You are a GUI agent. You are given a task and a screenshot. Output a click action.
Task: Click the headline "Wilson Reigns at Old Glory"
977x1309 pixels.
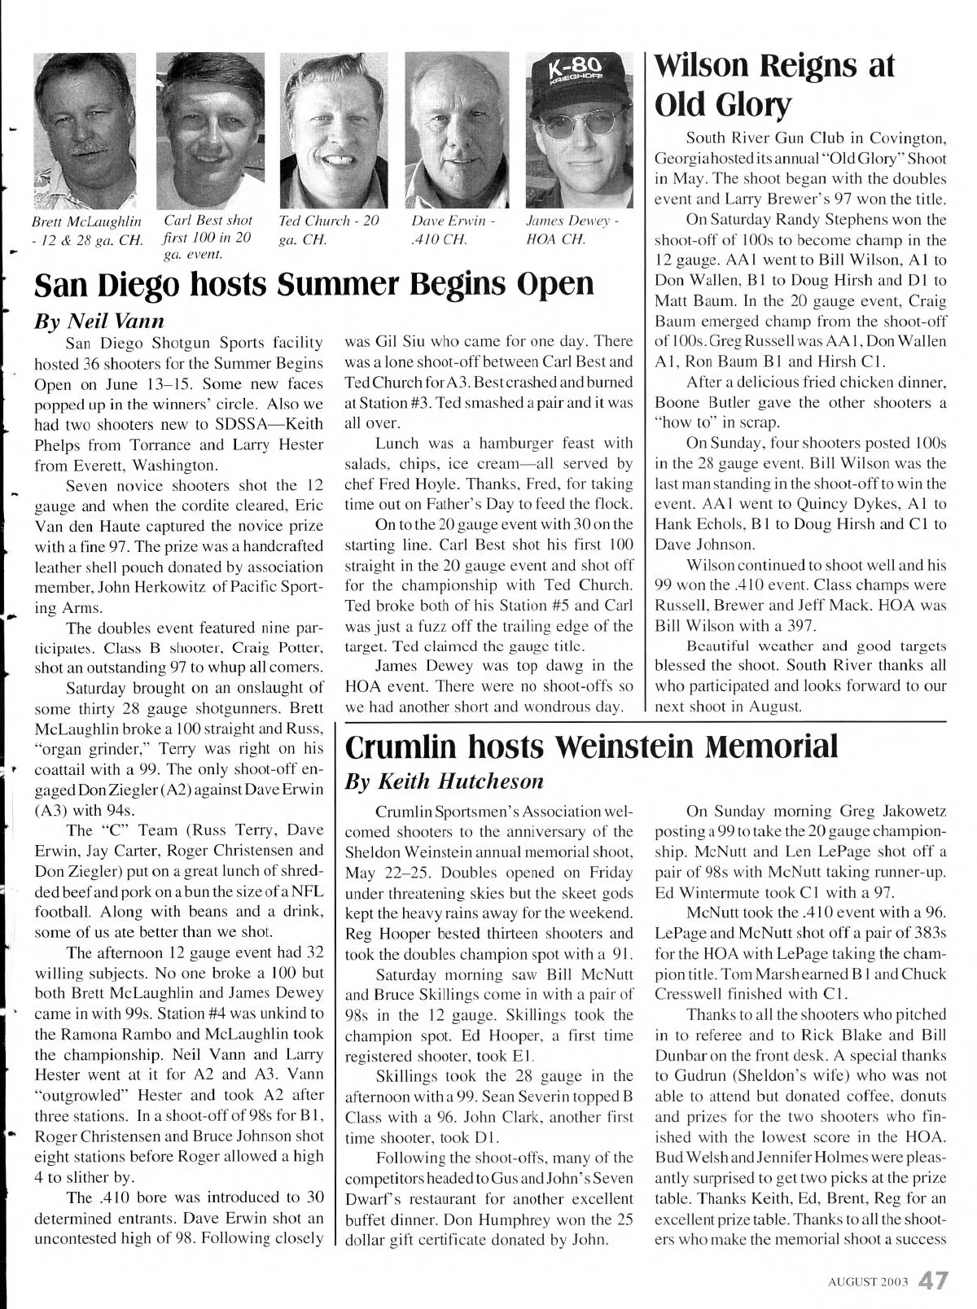[x=775, y=84]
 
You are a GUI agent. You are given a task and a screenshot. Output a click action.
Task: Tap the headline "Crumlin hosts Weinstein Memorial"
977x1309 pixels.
[x=592, y=745]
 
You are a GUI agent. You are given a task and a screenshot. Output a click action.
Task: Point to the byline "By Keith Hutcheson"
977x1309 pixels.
[x=445, y=781]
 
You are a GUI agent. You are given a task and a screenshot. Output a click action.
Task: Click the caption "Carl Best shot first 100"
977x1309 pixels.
[x=208, y=237]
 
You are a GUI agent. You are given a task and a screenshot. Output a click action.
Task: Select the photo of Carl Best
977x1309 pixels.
[x=210, y=130]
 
